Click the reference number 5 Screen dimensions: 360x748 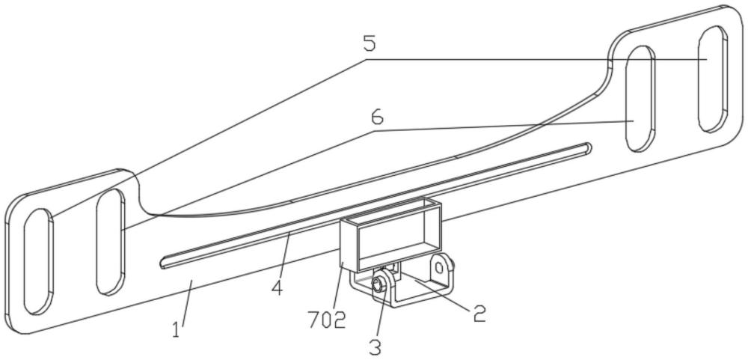(370, 43)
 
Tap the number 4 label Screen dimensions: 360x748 (278, 287)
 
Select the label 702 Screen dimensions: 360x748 (327, 320)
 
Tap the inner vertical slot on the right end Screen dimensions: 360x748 (641, 99)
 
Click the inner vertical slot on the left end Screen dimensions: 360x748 (110, 242)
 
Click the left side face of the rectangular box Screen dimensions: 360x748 (349, 243)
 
